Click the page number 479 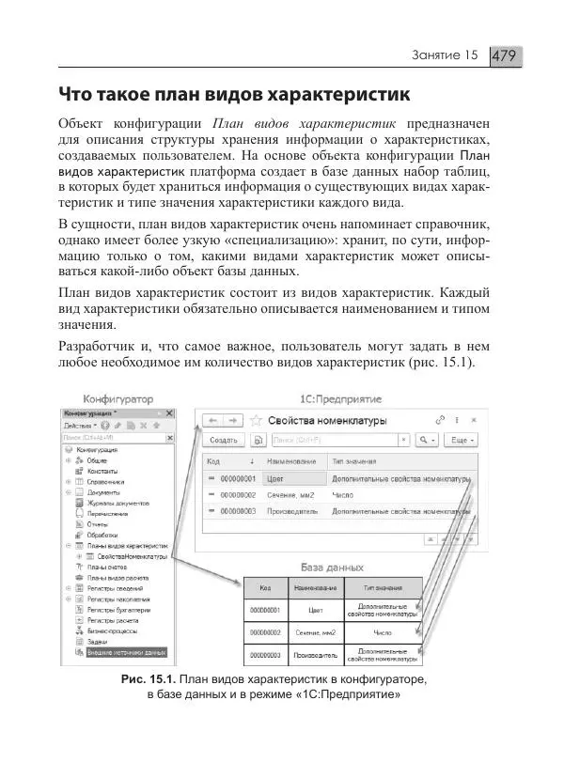click(x=506, y=56)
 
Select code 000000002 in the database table click(x=266, y=633)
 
